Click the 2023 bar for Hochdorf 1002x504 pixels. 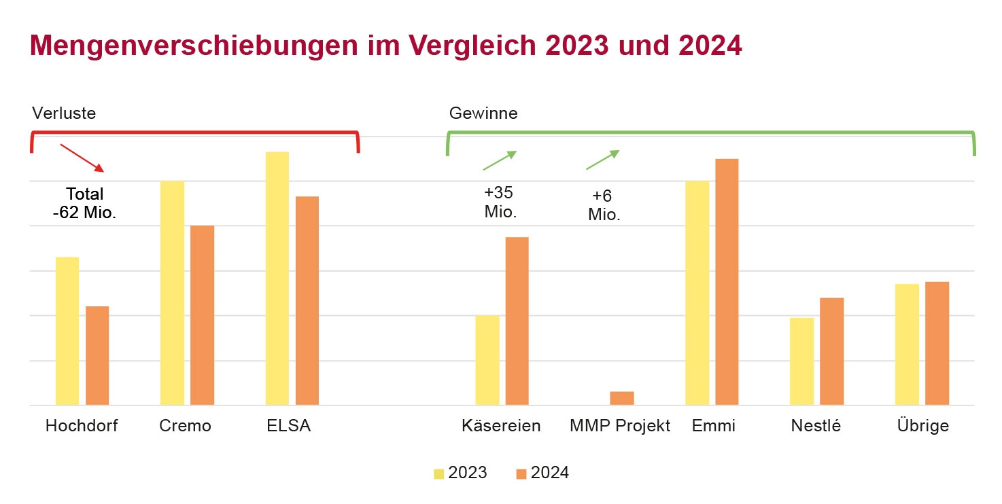[67, 331]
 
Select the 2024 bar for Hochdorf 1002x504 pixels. [97, 355]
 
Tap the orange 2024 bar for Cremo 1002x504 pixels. [202, 315]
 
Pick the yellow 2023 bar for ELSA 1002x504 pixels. [277, 278]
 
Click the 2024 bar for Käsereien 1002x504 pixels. [517, 321]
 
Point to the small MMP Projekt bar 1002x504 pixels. [622, 398]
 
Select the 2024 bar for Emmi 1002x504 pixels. [727, 282]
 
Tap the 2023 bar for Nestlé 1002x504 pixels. [801, 361]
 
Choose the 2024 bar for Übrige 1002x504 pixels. [937, 343]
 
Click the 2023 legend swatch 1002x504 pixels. [439, 473]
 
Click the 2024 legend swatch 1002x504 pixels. [521, 473]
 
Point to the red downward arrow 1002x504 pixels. [82, 158]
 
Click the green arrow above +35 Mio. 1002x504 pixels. [500, 160]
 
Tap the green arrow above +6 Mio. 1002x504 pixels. [603, 160]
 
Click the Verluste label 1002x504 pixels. [64, 113]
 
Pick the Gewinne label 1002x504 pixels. [483, 113]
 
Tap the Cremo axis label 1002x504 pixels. [185, 426]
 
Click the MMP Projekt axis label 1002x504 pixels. [620, 426]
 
